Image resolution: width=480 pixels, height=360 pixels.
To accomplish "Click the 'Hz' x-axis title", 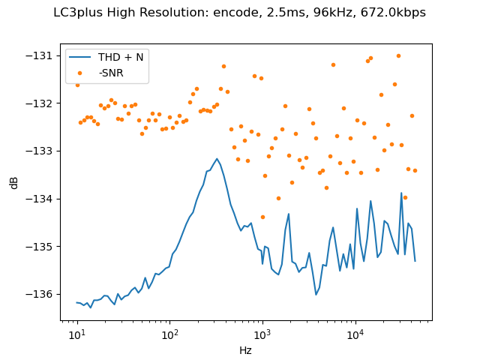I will point(245,350).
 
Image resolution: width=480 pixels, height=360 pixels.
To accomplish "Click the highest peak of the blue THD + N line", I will point(217,159).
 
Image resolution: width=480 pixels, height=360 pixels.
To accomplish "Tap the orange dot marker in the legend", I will point(81,72).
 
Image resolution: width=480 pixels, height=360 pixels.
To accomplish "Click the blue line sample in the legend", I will point(81,57).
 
